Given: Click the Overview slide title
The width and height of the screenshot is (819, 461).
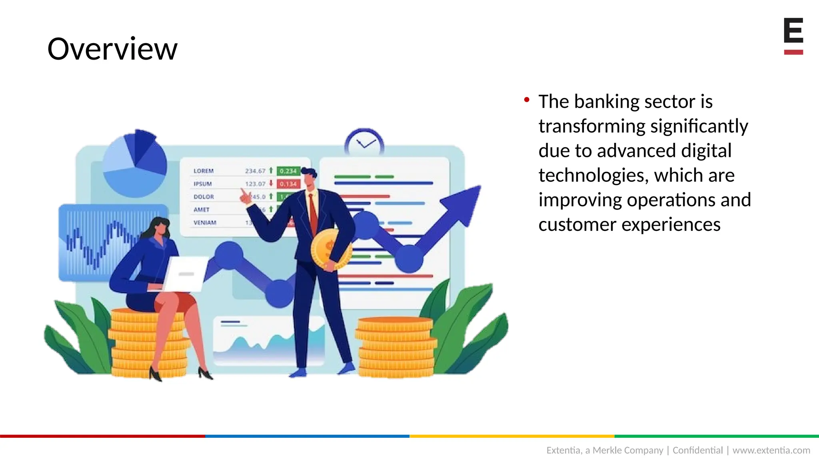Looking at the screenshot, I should pos(112,49).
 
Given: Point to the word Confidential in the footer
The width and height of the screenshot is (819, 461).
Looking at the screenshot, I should pos(697,450).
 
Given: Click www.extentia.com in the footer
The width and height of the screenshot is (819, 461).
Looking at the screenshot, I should pos(771,450).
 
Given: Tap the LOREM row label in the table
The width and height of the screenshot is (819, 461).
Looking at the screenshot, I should pos(204,171).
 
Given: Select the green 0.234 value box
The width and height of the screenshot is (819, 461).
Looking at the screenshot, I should pos(288,171).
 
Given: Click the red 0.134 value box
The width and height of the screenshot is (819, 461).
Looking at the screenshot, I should pos(288,184).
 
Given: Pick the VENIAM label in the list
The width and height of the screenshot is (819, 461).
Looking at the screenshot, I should pos(205,222).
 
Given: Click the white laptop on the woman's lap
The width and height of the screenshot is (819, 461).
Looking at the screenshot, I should pos(186,274).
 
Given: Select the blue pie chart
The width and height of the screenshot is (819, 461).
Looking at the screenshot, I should pos(134,164).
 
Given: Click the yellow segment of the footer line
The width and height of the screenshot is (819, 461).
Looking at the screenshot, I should pos(512,436).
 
